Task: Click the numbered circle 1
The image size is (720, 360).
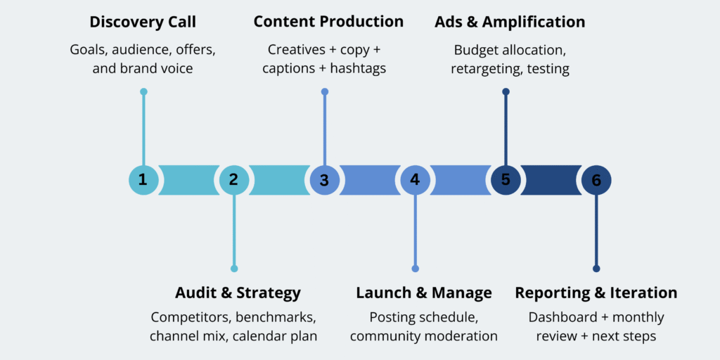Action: [x=143, y=180]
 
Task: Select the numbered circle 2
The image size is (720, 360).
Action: [x=234, y=180]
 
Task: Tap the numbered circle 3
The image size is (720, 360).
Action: [x=324, y=180]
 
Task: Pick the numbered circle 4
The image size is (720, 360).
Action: [x=415, y=180]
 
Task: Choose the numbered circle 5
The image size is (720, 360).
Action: [x=506, y=180]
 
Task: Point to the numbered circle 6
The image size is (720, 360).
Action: [x=596, y=180]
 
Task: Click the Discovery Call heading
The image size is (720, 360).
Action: [x=143, y=22]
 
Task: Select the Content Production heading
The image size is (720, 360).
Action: [x=328, y=22]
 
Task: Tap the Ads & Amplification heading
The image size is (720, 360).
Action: [x=510, y=22]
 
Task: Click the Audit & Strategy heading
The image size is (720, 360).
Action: [x=238, y=292]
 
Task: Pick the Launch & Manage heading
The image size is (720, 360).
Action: [x=423, y=292]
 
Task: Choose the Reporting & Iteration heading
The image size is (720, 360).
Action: [x=596, y=292]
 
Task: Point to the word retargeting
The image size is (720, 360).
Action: [x=482, y=70]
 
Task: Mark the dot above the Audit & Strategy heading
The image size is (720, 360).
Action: [x=234, y=269]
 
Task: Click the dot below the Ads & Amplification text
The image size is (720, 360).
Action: [x=506, y=91]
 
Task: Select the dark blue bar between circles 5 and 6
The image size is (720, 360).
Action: [x=551, y=180]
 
